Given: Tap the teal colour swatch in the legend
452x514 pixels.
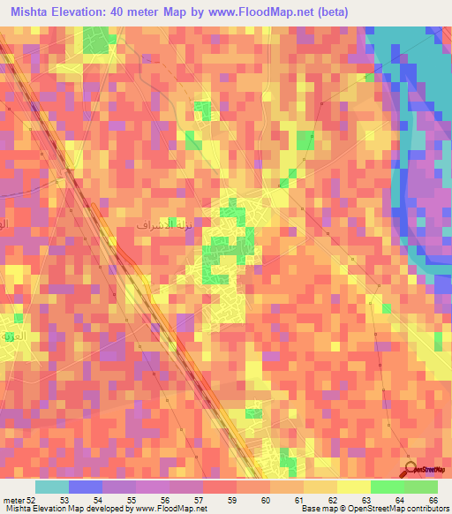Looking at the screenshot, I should [52, 488].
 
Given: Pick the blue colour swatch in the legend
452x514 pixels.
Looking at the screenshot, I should [86, 488].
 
